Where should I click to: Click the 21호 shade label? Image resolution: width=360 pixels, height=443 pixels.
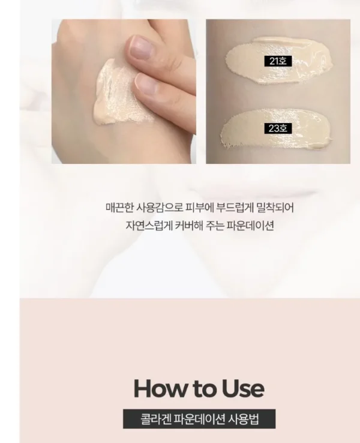[x=278, y=61]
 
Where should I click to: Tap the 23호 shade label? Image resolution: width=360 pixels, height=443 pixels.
[x=278, y=128]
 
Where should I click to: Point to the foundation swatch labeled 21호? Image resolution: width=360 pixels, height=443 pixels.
[x=280, y=60]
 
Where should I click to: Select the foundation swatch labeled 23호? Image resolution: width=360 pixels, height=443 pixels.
[x=277, y=130]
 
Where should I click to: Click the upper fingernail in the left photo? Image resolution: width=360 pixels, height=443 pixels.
[x=139, y=47]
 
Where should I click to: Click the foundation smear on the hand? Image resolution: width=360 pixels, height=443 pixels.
[x=119, y=93]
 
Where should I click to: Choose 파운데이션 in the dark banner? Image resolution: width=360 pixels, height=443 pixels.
[x=199, y=419]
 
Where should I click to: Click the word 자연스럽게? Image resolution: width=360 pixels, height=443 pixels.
[x=149, y=226]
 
